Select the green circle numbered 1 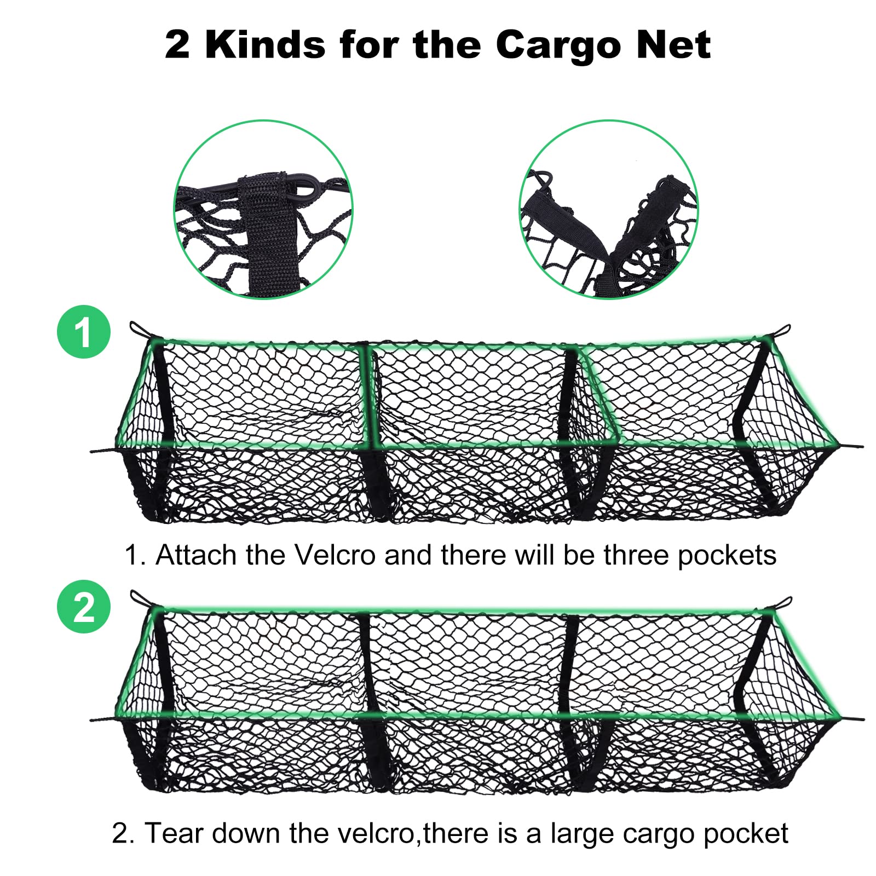(83, 332)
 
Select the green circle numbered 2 (83, 607)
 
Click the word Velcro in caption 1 (335, 555)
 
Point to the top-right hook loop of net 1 (783, 330)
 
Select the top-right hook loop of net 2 (783, 603)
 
